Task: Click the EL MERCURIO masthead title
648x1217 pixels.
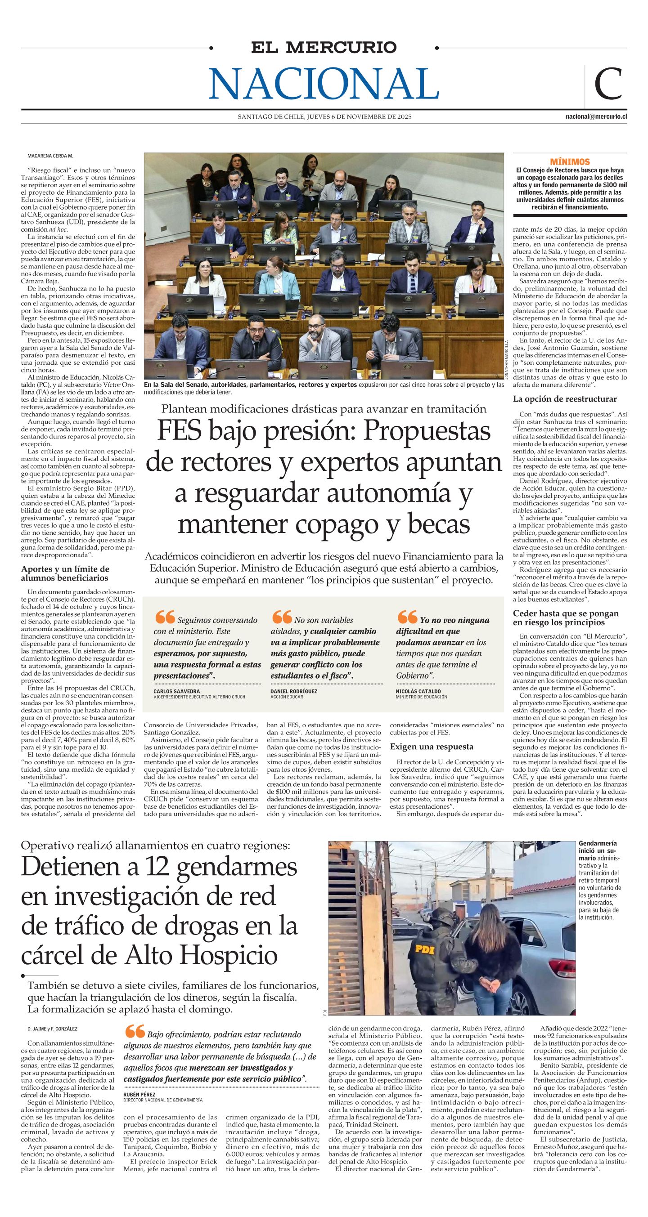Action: pos(324,47)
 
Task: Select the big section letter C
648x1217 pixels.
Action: pos(608,84)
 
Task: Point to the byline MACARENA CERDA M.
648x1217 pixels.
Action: pos(50,157)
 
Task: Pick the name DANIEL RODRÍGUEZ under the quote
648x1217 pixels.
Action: pos(293,691)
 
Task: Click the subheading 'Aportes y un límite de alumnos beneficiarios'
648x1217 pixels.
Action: pos(65,573)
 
